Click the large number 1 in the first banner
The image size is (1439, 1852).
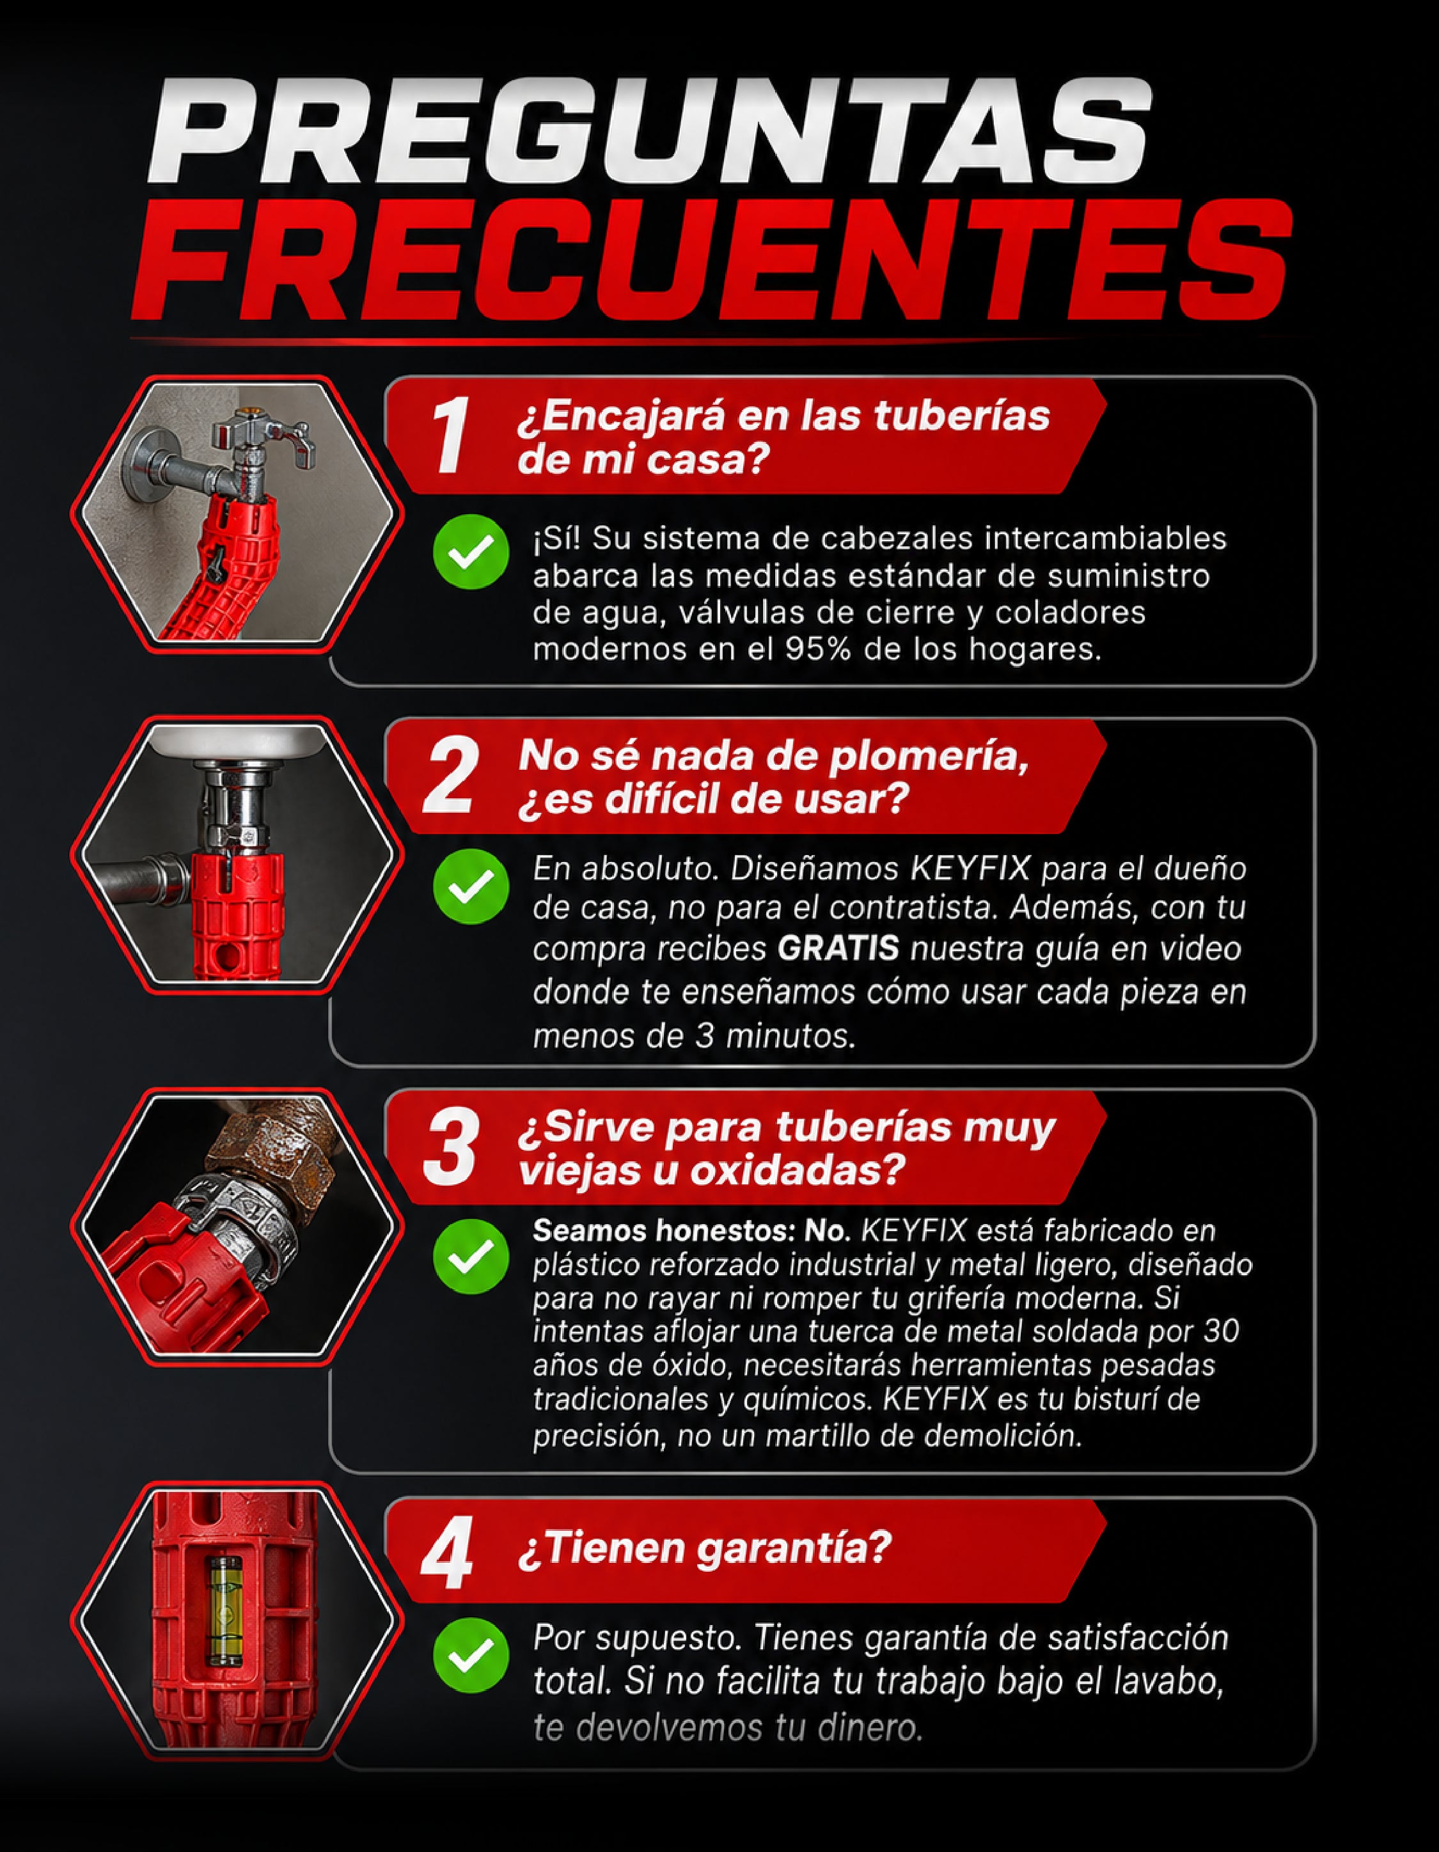point(450,436)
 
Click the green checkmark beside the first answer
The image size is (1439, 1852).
point(471,551)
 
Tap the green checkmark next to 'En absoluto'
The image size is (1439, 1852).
point(471,886)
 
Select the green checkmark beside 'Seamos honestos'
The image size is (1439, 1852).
point(471,1256)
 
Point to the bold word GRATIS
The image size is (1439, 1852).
point(838,948)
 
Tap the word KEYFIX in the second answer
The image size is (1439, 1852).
point(971,868)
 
